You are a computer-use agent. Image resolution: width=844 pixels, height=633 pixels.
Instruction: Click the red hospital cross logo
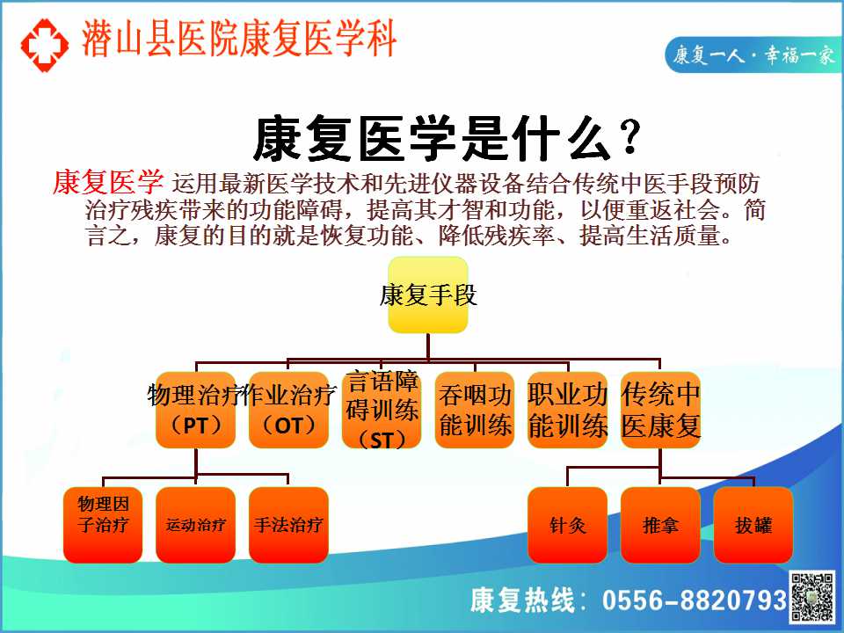click(x=45, y=45)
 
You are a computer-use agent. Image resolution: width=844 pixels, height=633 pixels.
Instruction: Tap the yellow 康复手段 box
click(x=428, y=295)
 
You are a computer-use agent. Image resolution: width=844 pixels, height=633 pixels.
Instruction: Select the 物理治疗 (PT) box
click(x=195, y=410)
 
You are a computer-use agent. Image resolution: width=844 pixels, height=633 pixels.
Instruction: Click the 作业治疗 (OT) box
click(x=288, y=410)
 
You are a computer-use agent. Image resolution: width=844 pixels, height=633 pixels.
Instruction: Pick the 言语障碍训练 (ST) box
click(x=381, y=410)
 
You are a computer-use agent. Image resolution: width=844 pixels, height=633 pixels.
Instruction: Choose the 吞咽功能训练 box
click(x=475, y=410)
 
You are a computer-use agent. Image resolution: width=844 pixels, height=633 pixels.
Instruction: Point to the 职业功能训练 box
click(x=567, y=410)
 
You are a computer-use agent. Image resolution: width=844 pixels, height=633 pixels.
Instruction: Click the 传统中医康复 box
click(x=660, y=410)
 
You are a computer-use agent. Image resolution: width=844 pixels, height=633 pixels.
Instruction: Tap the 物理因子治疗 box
click(x=103, y=525)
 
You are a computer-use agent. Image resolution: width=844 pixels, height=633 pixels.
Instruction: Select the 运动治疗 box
click(x=195, y=525)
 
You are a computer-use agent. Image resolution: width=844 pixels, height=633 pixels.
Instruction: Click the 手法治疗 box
click(x=288, y=525)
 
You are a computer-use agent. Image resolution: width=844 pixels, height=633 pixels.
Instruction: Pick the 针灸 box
click(x=567, y=525)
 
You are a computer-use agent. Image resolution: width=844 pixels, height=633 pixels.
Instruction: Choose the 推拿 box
click(x=660, y=525)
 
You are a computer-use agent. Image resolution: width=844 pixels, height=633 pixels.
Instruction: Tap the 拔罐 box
click(x=753, y=525)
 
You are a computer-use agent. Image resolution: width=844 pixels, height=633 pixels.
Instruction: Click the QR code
click(x=812, y=598)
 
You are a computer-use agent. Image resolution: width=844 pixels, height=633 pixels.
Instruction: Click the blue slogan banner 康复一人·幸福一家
click(x=753, y=55)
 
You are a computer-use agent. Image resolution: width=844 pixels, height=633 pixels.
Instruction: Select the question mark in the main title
click(x=629, y=138)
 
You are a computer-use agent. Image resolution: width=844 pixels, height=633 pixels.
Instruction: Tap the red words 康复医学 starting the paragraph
click(x=108, y=182)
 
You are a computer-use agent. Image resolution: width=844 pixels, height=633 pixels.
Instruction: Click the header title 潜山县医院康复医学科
click(x=239, y=39)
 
